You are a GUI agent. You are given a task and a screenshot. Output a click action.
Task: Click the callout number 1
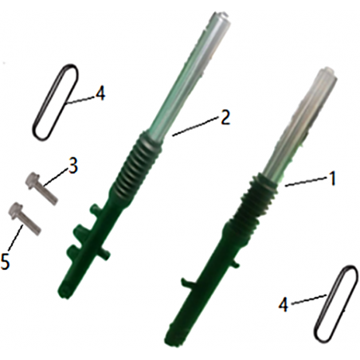(332, 178)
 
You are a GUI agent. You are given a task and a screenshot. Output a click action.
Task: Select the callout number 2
(225, 118)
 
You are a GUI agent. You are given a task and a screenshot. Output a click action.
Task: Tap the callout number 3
(72, 166)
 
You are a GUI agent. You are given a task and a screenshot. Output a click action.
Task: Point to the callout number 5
(6, 261)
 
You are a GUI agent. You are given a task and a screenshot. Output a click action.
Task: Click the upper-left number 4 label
(100, 93)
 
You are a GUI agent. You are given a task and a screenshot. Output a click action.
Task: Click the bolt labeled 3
(41, 189)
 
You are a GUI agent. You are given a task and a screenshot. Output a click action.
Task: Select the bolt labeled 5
(25, 219)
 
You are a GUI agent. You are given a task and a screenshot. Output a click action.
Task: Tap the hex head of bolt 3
(33, 180)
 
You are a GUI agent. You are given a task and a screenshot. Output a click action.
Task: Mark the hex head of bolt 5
(16, 210)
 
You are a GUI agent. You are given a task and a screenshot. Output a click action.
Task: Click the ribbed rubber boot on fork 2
(138, 165)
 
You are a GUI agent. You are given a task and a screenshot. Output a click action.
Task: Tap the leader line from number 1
(306, 182)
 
